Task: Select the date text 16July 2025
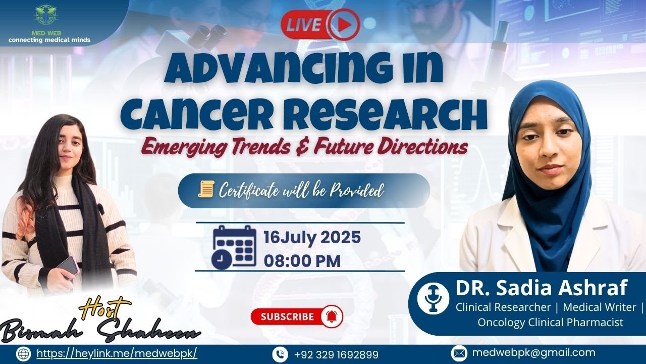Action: [312, 237]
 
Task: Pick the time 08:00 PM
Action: [302, 261]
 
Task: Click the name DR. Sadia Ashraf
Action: [541, 288]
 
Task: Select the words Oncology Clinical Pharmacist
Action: [550, 322]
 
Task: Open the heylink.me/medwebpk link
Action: [117, 353]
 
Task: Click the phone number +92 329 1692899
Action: [336, 354]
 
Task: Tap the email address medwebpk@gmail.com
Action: [533, 353]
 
